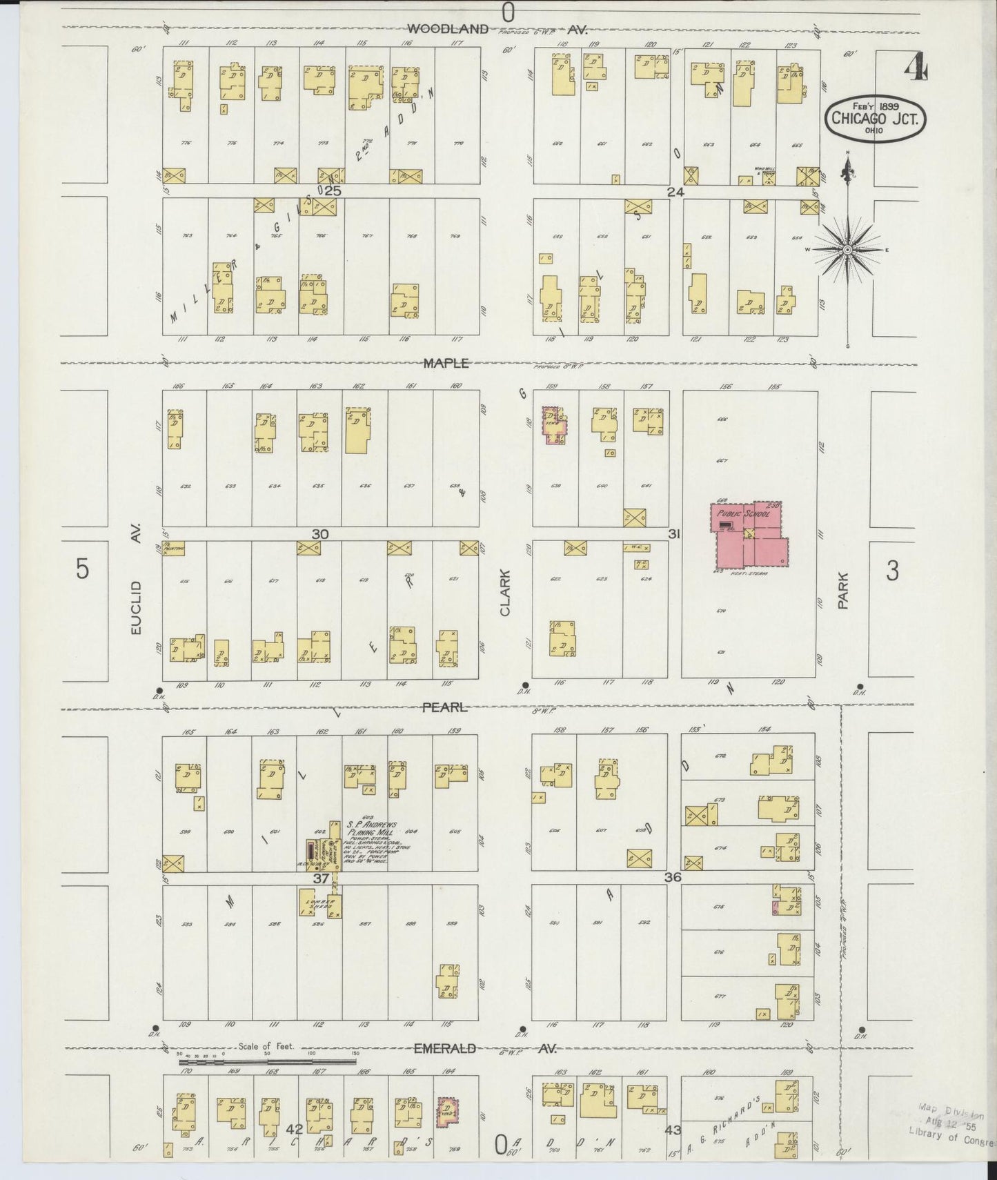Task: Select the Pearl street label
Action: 445,707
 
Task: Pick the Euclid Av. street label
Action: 136,591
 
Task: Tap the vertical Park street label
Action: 842,592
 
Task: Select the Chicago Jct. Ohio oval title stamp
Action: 875,119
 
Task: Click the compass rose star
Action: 847,249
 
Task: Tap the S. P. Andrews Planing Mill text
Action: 371,829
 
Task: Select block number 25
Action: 333,191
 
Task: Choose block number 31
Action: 675,534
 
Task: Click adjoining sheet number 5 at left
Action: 82,570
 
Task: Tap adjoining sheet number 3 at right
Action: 892,571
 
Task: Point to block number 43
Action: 673,1130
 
